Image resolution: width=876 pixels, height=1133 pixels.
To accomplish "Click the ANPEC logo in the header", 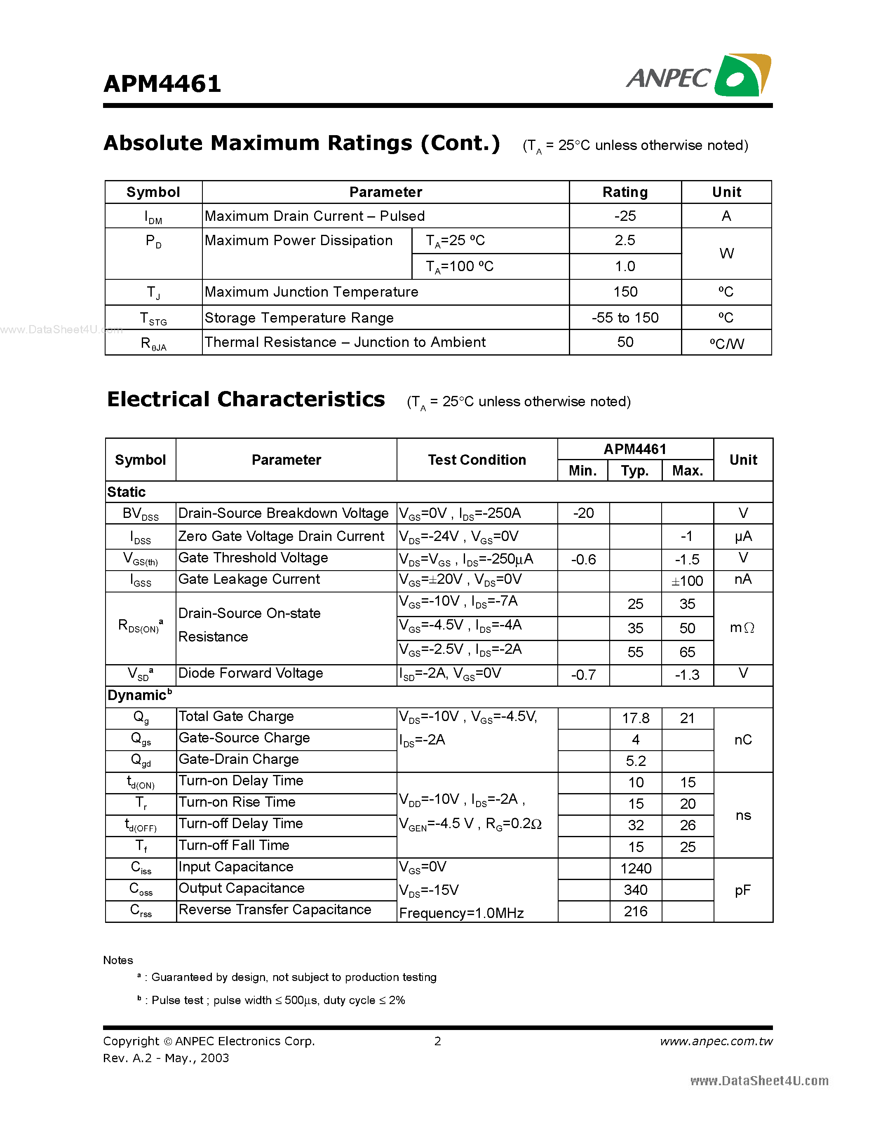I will click(x=698, y=76).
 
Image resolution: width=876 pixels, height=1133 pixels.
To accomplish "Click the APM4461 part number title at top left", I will click(x=162, y=84).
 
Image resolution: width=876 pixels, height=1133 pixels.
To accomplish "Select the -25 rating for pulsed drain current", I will click(x=625, y=216).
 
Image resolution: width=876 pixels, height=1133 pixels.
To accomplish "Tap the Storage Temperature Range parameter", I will click(x=299, y=318).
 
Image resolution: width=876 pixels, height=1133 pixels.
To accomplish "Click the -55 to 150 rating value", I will click(x=625, y=318).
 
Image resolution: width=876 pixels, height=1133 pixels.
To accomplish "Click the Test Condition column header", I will click(x=477, y=460).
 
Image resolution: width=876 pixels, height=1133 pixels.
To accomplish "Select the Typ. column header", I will click(x=635, y=471).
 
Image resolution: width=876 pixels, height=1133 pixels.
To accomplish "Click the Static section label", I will click(x=126, y=492).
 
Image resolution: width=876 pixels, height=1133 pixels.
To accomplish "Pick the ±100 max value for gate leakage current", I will click(x=687, y=581).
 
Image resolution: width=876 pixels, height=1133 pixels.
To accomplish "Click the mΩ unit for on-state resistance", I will click(x=742, y=628).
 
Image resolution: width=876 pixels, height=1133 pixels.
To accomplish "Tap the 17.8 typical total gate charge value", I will click(x=635, y=718).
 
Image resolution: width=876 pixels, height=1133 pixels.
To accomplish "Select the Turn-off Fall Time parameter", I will click(x=233, y=845).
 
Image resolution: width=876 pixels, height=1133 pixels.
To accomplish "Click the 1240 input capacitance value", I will click(x=636, y=868).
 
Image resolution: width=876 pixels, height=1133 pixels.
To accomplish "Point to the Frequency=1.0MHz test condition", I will click(x=461, y=913).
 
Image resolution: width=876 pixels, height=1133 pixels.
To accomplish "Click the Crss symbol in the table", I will click(x=141, y=911).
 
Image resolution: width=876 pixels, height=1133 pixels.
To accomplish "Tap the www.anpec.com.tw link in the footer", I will click(x=716, y=1041).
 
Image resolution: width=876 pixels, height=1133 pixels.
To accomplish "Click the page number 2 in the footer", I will click(x=437, y=1041).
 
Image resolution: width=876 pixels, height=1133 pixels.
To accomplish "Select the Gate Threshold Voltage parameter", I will click(x=253, y=558).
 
